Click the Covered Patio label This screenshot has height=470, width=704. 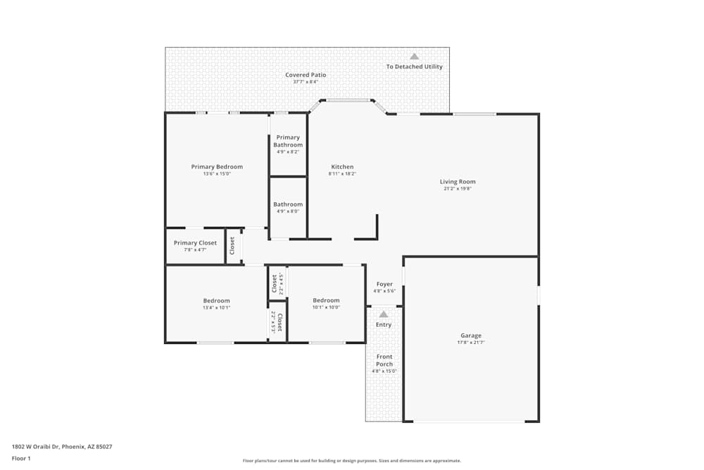[306, 75]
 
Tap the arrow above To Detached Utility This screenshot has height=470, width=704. [415, 56]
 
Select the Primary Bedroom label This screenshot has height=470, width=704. [217, 167]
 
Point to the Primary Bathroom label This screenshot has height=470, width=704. [288, 141]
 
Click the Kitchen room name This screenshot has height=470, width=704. [342, 167]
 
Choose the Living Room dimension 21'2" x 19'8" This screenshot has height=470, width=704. [458, 189]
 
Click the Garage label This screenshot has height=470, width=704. [471, 335]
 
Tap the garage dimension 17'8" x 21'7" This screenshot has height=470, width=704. [471, 343]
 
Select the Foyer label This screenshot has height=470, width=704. [384, 284]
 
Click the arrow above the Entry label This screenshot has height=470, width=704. [384, 314]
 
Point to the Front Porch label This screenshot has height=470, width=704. [384, 360]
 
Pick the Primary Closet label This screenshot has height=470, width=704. [195, 242]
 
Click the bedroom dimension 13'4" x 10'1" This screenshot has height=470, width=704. [216, 308]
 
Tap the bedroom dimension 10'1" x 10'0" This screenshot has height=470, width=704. [326, 307]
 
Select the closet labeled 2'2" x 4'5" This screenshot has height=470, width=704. [277, 283]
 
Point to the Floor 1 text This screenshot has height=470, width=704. [21, 458]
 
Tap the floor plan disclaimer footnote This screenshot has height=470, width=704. [352, 461]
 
